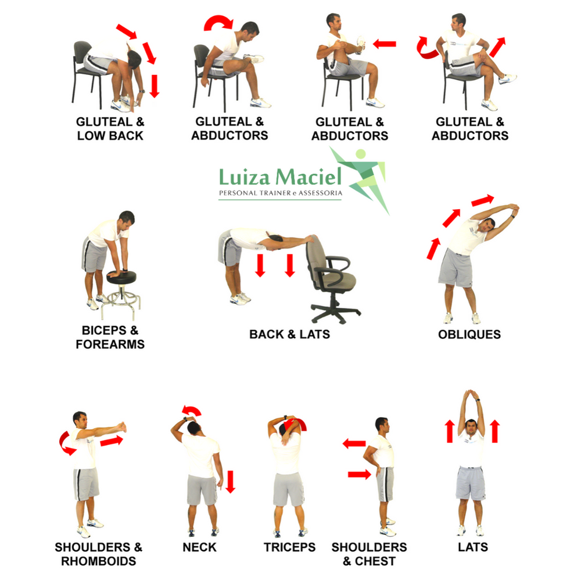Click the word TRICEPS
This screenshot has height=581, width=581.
click(x=289, y=547)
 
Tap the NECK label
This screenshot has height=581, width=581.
click(x=199, y=547)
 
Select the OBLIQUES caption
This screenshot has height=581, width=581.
click(x=469, y=334)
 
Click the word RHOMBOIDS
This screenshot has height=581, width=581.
click(x=99, y=561)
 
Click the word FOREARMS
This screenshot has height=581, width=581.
click(x=110, y=344)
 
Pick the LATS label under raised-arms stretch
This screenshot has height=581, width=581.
click(x=473, y=547)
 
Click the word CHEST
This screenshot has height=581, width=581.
click(x=375, y=561)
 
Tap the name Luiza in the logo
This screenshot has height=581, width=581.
click(x=245, y=177)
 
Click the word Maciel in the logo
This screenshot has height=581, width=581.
click(x=309, y=177)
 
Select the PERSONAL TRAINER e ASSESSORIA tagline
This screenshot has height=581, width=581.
click(x=281, y=193)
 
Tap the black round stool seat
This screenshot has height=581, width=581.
click(x=121, y=276)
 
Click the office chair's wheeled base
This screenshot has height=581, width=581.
click(x=335, y=311)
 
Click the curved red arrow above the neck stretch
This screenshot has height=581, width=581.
click(x=192, y=410)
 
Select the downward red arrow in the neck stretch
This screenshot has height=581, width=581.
click(x=231, y=482)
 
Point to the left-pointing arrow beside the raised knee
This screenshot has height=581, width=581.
click(x=384, y=44)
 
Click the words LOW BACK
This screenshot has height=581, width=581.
click(x=110, y=135)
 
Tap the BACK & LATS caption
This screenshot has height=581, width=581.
click(x=289, y=334)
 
